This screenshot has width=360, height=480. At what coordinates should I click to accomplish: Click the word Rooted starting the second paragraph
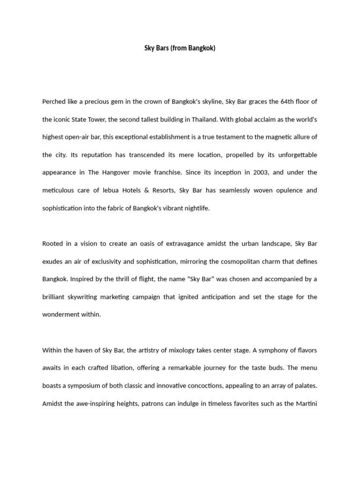tap(52, 244)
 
